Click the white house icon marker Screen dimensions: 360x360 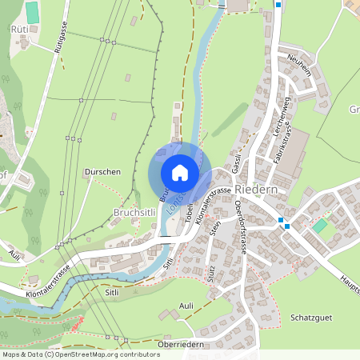(x=179, y=172)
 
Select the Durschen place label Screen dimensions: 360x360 (x=102, y=172)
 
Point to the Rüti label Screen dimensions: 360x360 (x=19, y=29)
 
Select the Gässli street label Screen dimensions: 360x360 (x=236, y=164)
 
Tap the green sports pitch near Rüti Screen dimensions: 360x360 (x=32, y=12)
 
